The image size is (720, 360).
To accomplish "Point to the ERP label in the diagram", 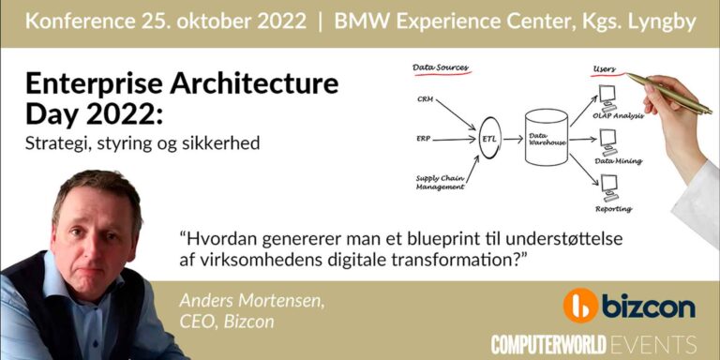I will (x=424, y=139).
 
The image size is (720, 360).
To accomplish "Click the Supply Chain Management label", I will (x=438, y=182).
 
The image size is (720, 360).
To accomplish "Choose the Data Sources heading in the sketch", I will (x=441, y=68).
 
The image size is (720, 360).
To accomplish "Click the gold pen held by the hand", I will (x=668, y=93).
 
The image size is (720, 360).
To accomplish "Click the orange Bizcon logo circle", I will (x=581, y=306).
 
